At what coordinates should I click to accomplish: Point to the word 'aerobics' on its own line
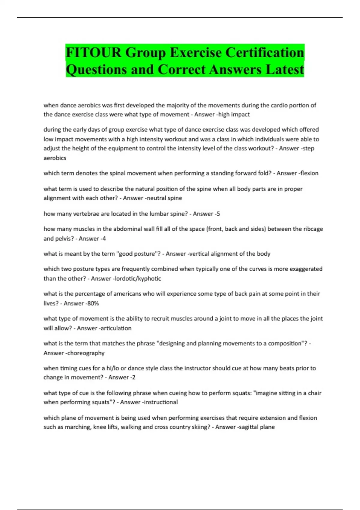[x=55, y=158]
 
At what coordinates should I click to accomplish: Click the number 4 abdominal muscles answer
[x=104, y=239]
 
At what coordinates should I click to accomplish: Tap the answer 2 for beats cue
[x=133, y=377]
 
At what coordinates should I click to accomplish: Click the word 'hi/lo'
[x=113, y=368]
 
